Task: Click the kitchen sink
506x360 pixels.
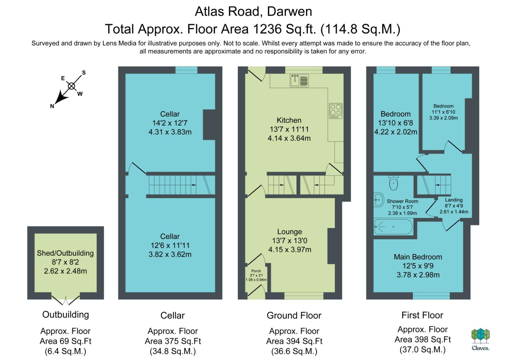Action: click(x=299, y=81)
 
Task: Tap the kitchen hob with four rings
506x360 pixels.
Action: click(x=336, y=111)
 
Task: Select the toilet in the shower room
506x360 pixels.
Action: click(x=394, y=183)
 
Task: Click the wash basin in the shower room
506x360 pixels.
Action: click(x=379, y=200)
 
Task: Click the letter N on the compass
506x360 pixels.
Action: click(x=52, y=106)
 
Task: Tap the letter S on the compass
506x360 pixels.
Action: click(x=84, y=73)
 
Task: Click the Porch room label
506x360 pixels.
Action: click(x=256, y=271)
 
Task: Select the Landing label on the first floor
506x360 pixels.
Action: click(x=454, y=200)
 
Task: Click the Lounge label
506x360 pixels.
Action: click(x=290, y=232)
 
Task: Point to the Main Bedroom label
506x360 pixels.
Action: click(x=418, y=257)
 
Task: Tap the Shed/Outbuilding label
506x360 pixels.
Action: click(x=65, y=253)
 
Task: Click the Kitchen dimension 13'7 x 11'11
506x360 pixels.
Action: click(x=289, y=129)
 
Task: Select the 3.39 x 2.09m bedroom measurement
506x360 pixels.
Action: click(x=443, y=118)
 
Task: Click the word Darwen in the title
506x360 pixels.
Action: click(x=290, y=12)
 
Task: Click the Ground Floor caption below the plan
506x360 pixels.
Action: click(x=294, y=316)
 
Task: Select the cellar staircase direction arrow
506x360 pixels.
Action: click(x=193, y=185)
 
